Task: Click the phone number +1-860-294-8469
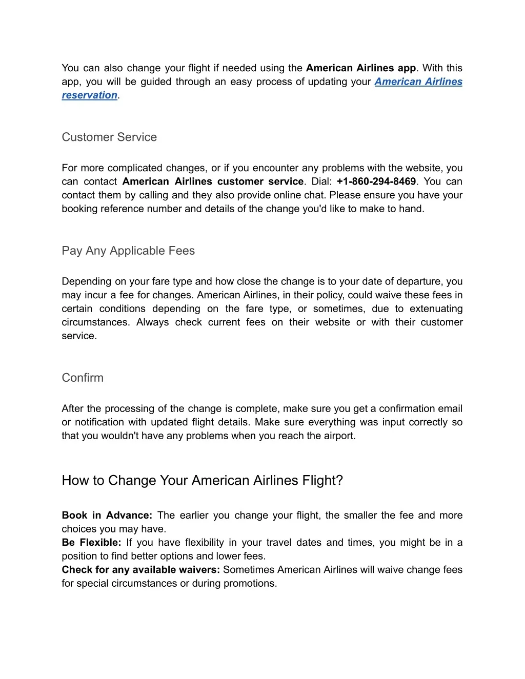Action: click(376, 181)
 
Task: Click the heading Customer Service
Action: click(109, 137)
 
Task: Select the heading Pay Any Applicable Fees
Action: click(128, 251)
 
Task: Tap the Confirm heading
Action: click(83, 378)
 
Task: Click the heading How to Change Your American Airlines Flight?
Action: click(202, 481)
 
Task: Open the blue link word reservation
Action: click(90, 95)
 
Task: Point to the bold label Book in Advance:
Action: click(107, 516)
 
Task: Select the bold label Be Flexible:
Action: click(91, 543)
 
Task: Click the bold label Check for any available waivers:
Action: click(140, 570)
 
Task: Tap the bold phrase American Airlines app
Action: click(361, 68)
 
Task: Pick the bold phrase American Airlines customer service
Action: click(213, 181)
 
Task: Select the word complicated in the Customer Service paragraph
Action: click(137, 168)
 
